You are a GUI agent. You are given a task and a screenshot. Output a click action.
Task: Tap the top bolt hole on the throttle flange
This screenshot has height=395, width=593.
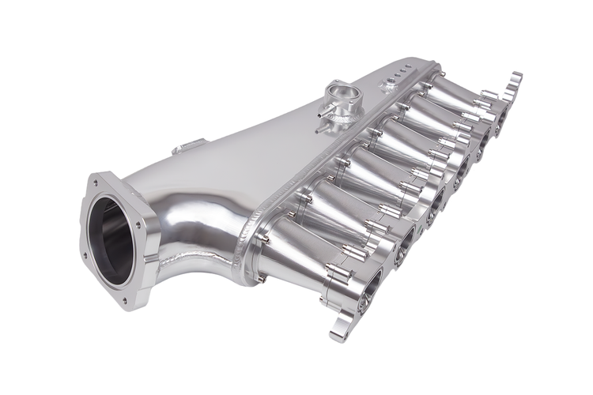pyautogui.click(x=96, y=182)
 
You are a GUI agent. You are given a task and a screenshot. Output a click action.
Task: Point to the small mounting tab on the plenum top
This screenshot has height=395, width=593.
pyautogui.click(x=190, y=147)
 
